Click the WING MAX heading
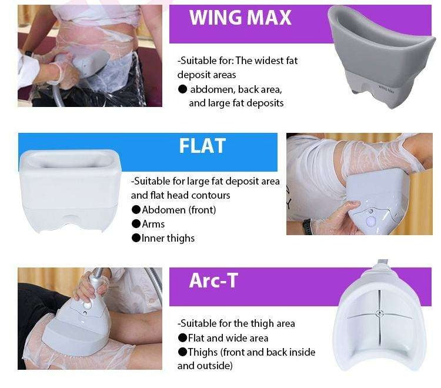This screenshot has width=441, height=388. [x=240, y=18]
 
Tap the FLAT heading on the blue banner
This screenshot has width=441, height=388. [x=202, y=145]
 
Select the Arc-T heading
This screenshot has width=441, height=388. [x=213, y=280]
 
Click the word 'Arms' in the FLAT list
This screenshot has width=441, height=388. [x=153, y=224]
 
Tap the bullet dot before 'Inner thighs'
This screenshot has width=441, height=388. [x=136, y=238]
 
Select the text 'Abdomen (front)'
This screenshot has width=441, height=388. [x=179, y=210]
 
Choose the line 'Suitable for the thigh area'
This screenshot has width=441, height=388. [x=236, y=323]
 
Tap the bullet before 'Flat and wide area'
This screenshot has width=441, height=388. [x=182, y=338]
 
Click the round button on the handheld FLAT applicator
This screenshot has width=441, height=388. [x=371, y=220]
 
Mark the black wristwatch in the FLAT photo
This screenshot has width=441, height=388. [x=307, y=226]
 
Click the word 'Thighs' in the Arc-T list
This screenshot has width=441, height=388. [x=202, y=352]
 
